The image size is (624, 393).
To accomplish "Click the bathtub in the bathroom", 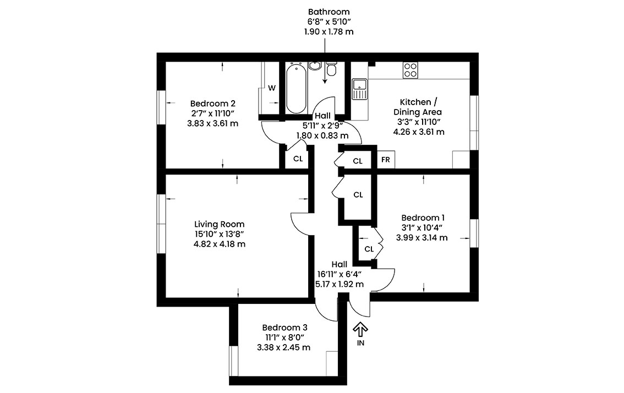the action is coord(297,88).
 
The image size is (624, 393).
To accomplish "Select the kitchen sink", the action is coord(359,89).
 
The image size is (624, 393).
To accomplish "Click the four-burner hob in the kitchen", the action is coord(410,70).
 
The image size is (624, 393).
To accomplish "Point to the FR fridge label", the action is coord(385,160).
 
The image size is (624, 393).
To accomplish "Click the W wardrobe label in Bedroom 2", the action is coord(272,88).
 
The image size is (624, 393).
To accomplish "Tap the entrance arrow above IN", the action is coord(360,329).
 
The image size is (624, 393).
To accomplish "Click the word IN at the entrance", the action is coord(360,343).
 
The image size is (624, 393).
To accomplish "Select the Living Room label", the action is coord(219,224).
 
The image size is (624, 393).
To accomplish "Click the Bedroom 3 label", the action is coord(284,327).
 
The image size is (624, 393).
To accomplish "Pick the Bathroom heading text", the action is coord(329,12).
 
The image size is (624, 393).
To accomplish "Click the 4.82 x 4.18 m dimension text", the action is coord(219,244).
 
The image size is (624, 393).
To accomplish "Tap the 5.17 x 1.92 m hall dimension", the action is coord(340,285).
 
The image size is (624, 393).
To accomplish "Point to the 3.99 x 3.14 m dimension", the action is coord(422,238).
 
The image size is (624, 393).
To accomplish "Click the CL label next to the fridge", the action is coord(358,161).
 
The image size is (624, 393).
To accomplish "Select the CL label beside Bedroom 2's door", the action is coord(298,159).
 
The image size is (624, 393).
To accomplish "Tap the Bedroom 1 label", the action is coord(423,218).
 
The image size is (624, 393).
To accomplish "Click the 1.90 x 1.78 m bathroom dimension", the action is coord(329,31).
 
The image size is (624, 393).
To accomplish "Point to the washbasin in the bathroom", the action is coord(315,66).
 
